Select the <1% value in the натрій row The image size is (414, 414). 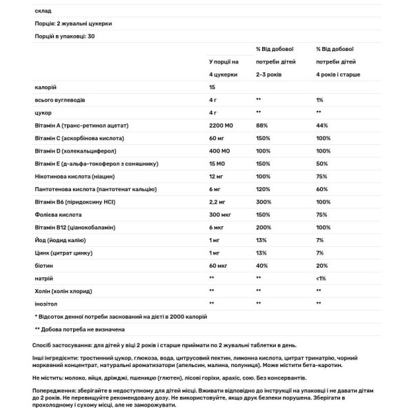point(321,279)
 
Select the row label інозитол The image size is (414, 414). point(47,304)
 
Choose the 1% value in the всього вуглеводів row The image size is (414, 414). point(319,99)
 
